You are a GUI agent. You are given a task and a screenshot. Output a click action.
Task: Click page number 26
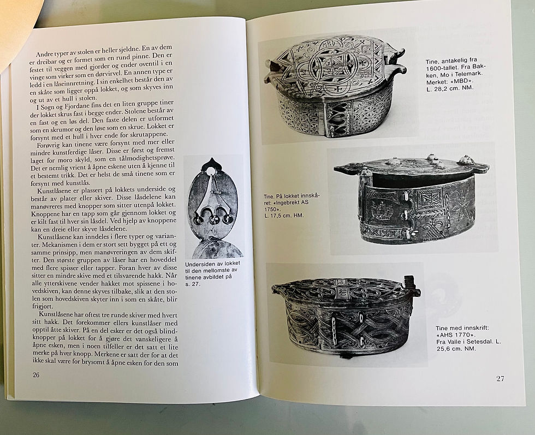tap(36, 375)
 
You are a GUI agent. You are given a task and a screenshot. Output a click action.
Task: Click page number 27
tap(500, 378)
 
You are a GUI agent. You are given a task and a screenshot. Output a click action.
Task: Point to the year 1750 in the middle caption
tap(271, 209)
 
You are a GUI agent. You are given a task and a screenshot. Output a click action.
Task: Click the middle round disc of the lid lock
tap(213, 219)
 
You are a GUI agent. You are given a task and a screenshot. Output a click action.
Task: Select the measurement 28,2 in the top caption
tap(438, 88)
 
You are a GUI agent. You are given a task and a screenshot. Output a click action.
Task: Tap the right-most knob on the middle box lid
tap(465, 159)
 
